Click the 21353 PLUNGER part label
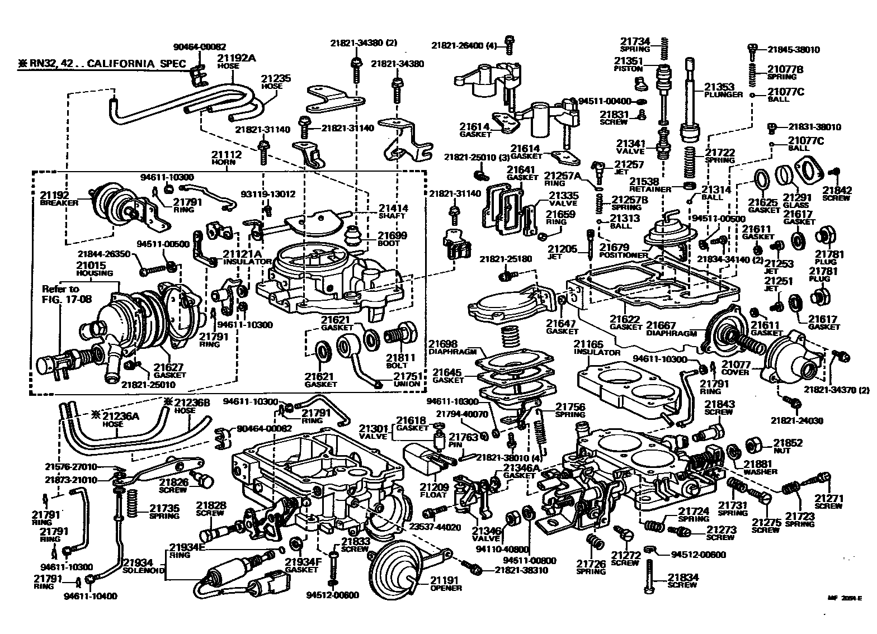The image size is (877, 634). click(723, 90)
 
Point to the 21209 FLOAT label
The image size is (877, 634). click(433, 490)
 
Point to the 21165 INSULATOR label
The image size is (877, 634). click(597, 348)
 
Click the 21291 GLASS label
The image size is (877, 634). click(796, 201)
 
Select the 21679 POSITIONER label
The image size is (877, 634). click(623, 250)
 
